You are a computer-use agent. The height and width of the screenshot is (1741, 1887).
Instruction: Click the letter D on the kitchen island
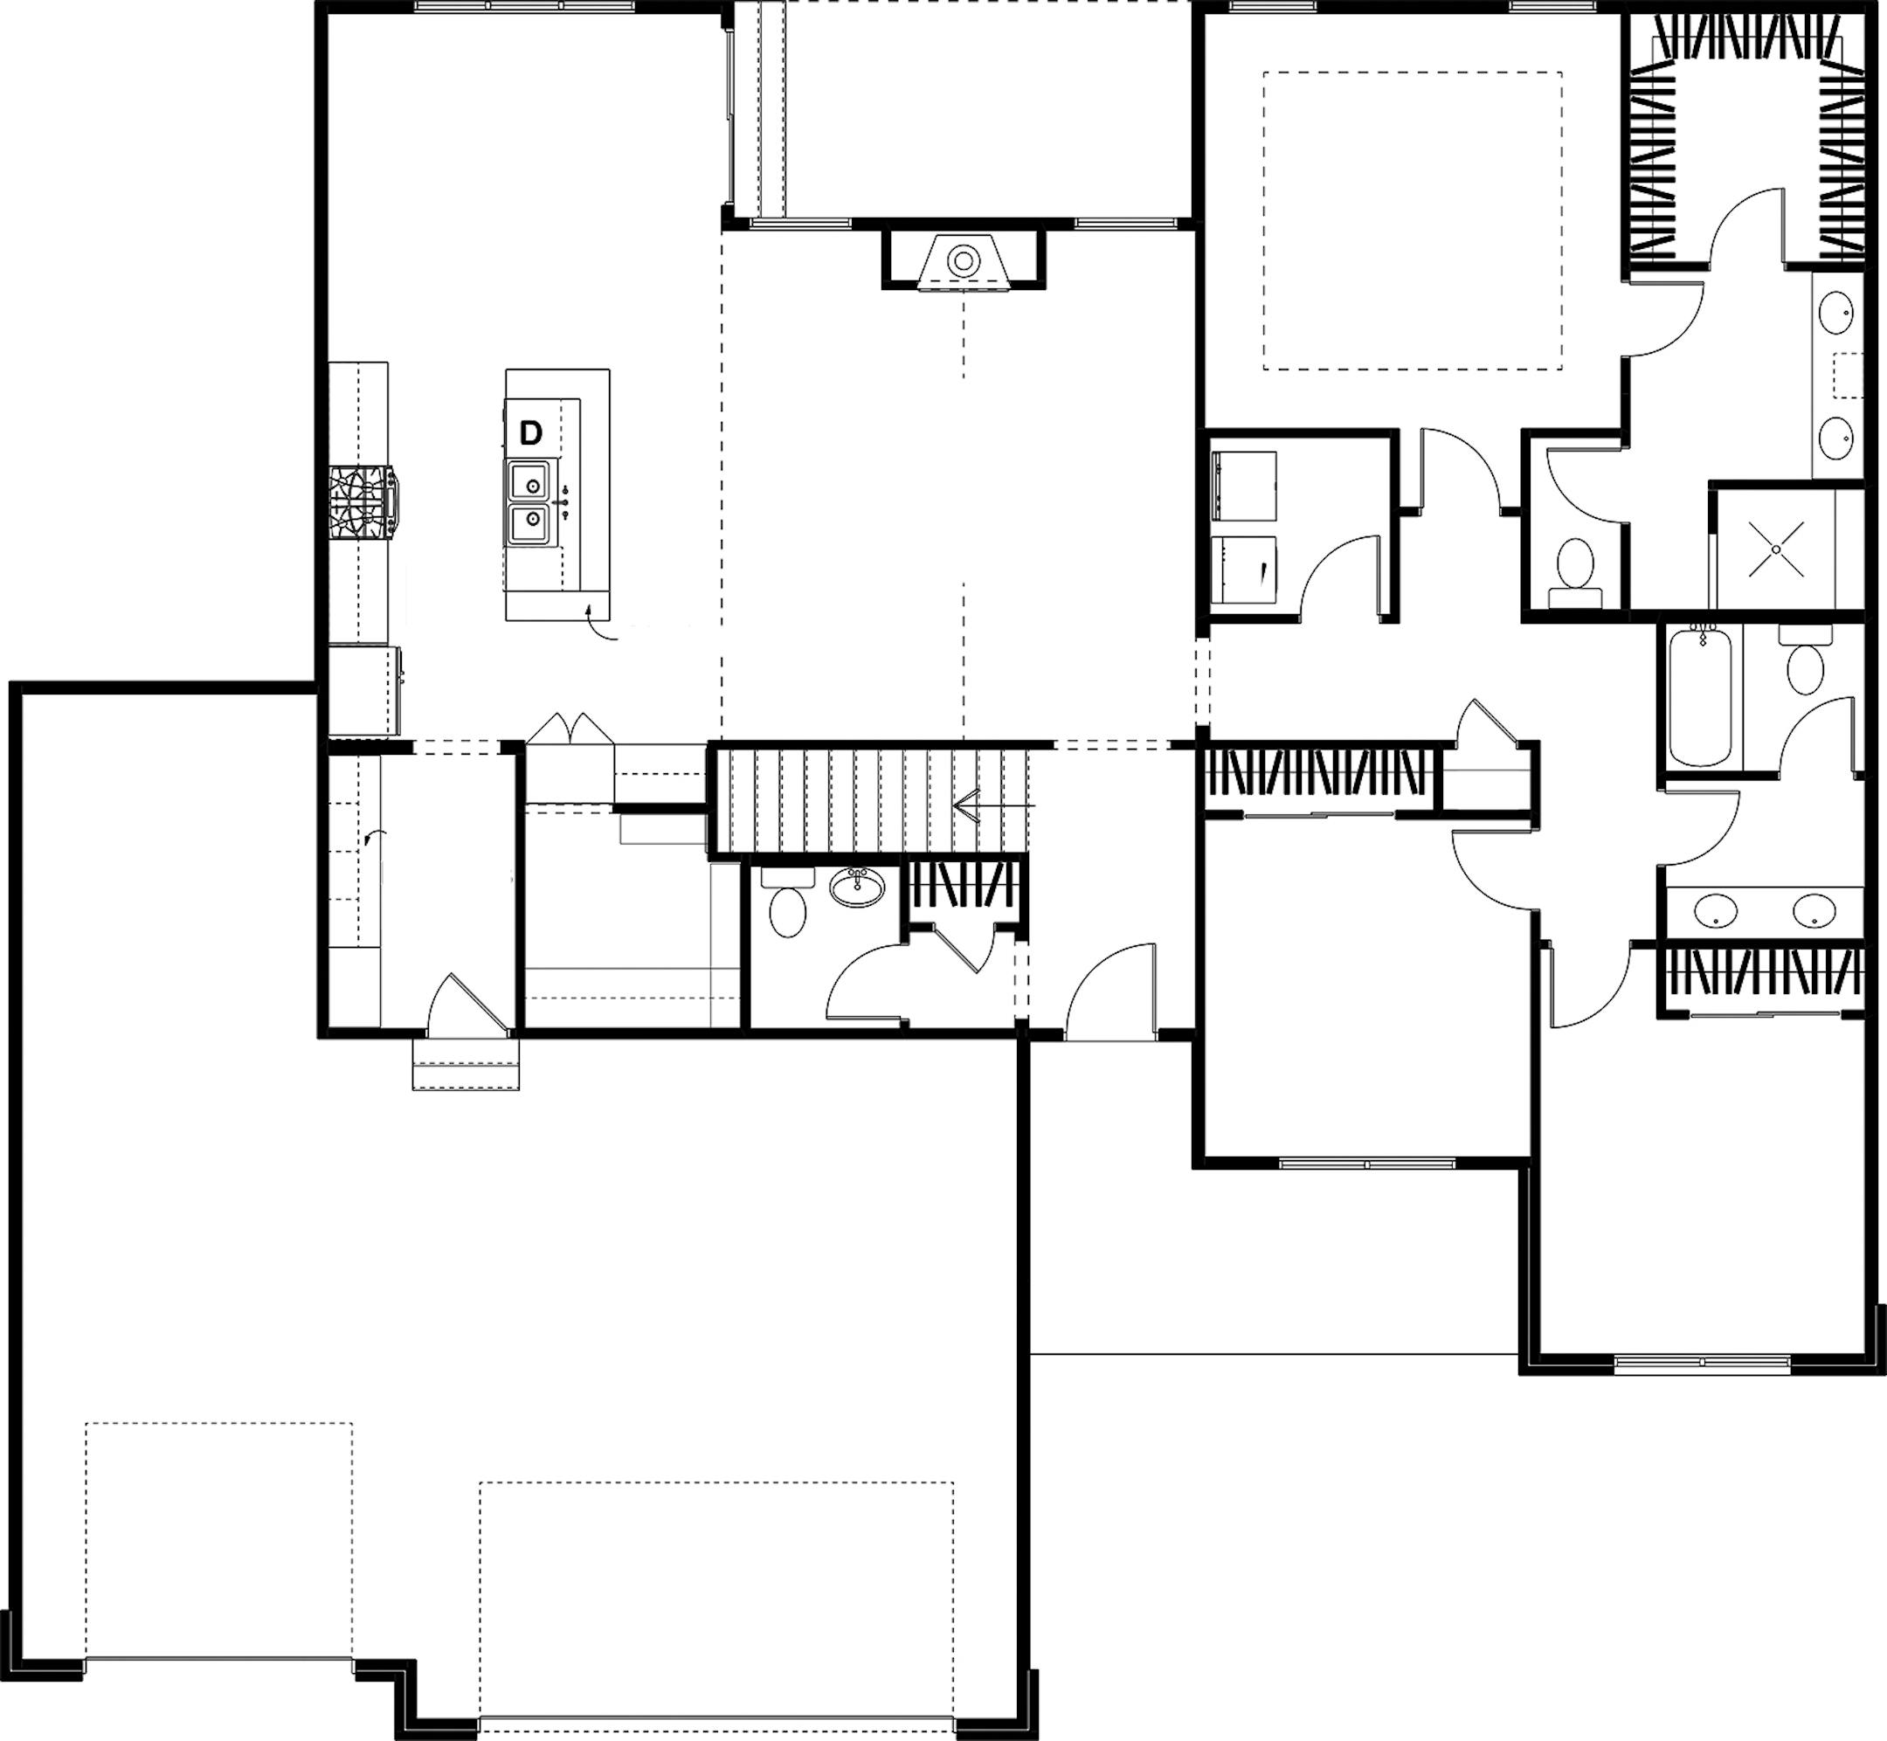click(531, 433)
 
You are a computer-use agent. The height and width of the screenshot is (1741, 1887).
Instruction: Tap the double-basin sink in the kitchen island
click(531, 503)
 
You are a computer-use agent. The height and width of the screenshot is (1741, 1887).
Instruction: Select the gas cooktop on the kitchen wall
click(362, 503)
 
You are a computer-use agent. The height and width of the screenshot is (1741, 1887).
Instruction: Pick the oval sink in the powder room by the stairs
click(857, 887)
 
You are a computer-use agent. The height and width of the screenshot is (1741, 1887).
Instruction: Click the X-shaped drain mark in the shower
click(1775, 549)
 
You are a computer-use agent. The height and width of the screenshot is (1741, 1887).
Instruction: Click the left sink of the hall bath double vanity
click(1716, 911)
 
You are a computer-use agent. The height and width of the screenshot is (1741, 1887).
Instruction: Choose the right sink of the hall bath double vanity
click(1814, 911)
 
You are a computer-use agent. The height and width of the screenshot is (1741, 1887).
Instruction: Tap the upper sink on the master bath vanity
click(1836, 313)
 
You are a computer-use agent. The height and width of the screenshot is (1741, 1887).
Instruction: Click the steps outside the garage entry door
click(467, 1065)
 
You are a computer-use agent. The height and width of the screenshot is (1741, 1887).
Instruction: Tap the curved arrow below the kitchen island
click(599, 626)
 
